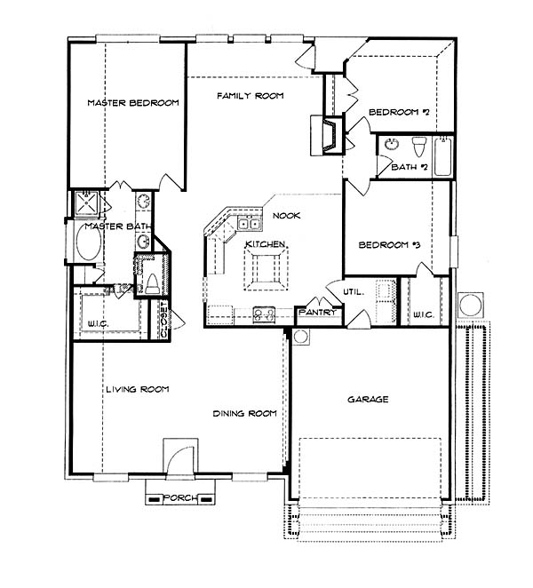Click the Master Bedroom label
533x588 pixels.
pos(133,103)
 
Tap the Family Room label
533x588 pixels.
pos(251,96)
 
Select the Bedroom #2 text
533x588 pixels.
pos(399,112)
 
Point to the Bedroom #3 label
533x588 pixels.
pos(389,245)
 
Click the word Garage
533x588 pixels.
pos(368,400)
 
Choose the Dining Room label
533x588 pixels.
pos(244,414)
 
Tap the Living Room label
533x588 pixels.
pos(138,390)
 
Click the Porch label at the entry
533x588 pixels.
pos(180,498)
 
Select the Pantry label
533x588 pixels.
pos(317,312)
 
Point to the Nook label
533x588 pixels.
pos(287,216)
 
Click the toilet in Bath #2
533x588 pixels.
pos(419,147)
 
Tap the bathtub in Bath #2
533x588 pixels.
pos(443,156)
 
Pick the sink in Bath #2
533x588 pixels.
pos(392,144)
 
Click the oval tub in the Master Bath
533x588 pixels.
pos(89,242)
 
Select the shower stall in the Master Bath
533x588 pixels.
pos(87,203)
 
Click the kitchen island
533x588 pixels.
pos(266,269)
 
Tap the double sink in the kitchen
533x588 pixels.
pos(249,224)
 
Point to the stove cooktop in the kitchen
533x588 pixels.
pos(264,314)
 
